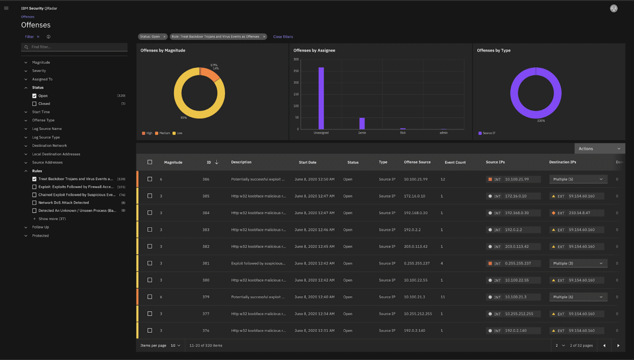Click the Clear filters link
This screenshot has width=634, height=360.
283,37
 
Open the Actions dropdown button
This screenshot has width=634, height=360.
599,149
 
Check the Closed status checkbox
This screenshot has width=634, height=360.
34,104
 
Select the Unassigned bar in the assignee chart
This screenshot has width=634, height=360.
321,98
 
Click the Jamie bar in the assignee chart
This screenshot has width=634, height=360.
362,123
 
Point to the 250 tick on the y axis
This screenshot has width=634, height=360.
296,71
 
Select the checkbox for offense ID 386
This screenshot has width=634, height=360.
150,179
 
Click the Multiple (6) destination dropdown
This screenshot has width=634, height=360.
578,297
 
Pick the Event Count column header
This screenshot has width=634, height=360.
455,162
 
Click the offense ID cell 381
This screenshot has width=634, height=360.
206,263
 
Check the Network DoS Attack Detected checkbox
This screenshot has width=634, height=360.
34,202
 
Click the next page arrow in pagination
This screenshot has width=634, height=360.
618,345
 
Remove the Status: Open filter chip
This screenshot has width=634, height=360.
164,37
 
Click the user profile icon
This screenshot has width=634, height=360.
613,9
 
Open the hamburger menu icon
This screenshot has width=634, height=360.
6,8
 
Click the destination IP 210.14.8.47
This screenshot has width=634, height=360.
579,213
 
